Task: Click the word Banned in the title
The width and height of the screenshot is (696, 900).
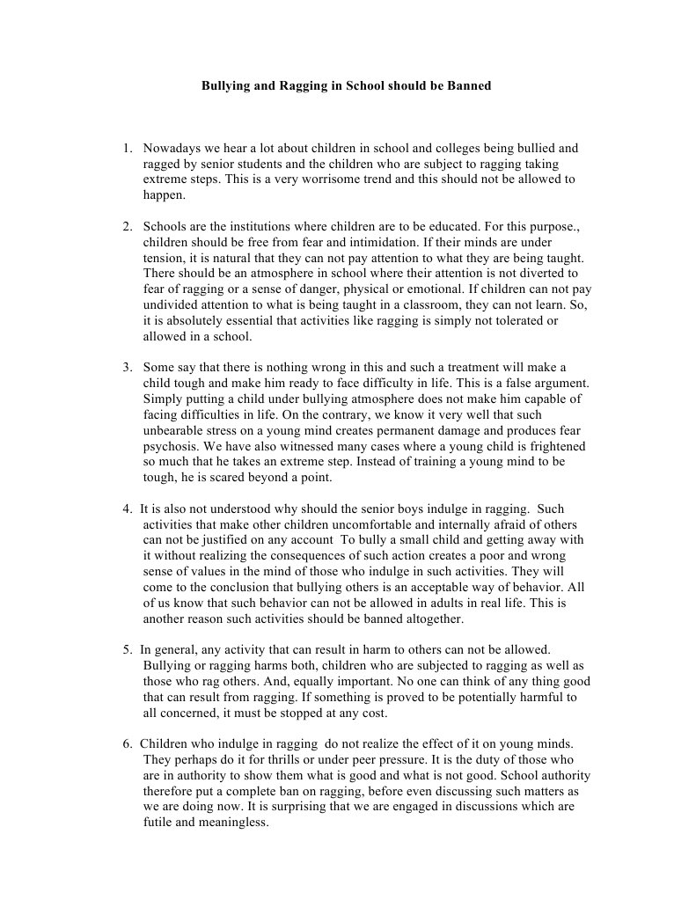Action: point(468,86)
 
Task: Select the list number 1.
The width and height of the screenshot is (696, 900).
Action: point(127,148)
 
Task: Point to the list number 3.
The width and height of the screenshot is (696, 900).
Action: point(127,367)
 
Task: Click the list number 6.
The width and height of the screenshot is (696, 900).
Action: point(127,743)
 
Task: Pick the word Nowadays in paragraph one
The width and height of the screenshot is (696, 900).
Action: point(172,148)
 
